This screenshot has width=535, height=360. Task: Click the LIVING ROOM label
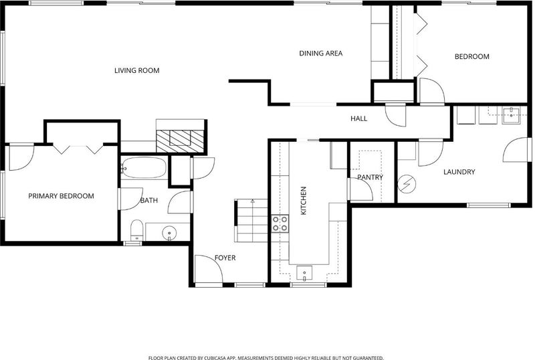(x=137, y=71)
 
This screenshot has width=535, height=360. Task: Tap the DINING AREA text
(x=321, y=54)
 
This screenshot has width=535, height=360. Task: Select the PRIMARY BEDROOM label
(x=61, y=196)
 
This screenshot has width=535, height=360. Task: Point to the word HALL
(x=359, y=118)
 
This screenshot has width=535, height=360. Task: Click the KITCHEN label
(x=304, y=201)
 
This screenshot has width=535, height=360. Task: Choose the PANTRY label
(x=370, y=177)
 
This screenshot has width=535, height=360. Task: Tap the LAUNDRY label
(x=459, y=172)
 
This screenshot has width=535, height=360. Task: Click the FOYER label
(x=225, y=258)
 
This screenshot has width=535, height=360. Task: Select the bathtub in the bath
(x=144, y=167)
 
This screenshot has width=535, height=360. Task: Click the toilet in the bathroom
(x=137, y=230)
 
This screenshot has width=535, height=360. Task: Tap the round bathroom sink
(x=169, y=233)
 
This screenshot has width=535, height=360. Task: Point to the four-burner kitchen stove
(x=280, y=223)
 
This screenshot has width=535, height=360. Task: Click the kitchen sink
(x=304, y=273)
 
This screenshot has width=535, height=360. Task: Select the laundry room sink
(x=511, y=114)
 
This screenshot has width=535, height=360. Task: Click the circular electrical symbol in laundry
(x=407, y=184)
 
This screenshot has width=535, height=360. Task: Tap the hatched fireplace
(x=180, y=141)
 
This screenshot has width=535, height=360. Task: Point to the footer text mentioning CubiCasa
(x=266, y=357)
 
